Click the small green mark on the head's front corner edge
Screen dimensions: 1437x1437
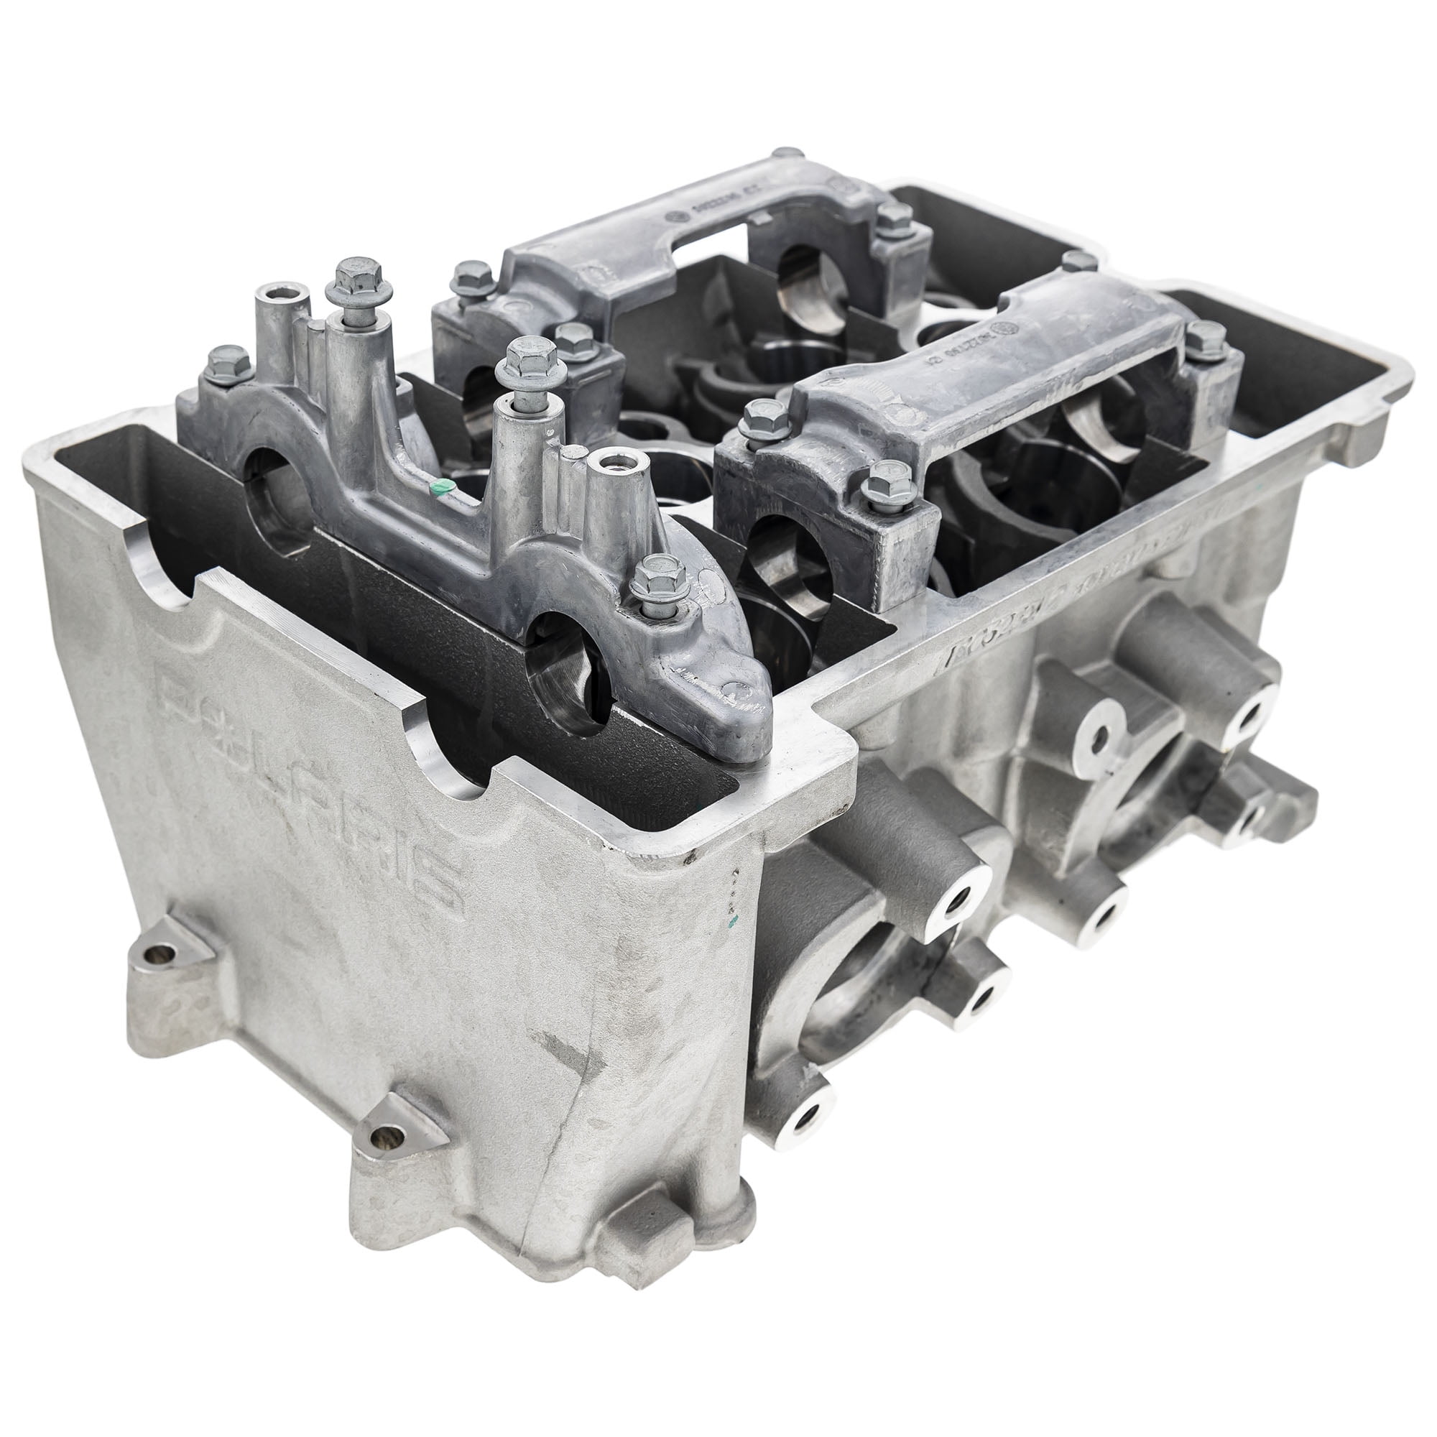(x=733, y=922)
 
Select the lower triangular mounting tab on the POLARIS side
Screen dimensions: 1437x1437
(x=387, y=1155)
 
